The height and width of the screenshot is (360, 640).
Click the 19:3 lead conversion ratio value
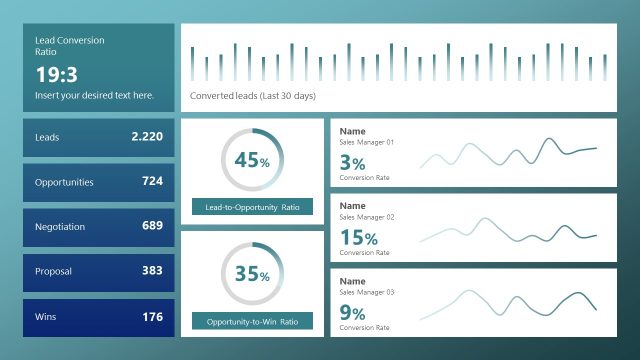pos(57,74)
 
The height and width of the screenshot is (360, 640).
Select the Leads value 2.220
pos(147,136)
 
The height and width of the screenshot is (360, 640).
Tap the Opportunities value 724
pos(152,181)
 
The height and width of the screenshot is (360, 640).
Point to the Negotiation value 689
pos(152,226)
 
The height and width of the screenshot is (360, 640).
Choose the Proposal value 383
pos(152,271)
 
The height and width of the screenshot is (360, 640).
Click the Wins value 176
pos(152,317)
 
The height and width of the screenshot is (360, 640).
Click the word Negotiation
pos(60,227)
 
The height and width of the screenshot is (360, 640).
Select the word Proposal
pos(53,272)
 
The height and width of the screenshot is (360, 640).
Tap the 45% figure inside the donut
pos(252,161)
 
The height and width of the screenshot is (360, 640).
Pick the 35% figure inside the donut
pos(252,275)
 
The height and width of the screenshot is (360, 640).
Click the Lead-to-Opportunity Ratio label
pos(252,207)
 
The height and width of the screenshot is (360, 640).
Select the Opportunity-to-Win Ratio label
pos(252,322)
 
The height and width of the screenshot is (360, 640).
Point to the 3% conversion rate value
pos(352,162)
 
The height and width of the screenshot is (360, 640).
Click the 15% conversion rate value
pos(358,238)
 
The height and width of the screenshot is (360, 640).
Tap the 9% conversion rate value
pos(352,313)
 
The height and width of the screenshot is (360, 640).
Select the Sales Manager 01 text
pos(367,143)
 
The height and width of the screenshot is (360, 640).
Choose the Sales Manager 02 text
pos(367,217)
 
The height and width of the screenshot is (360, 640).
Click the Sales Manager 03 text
pos(367,292)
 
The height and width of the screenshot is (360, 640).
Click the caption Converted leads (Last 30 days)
pos(253,96)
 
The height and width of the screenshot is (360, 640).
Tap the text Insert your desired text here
pos(95,95)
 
